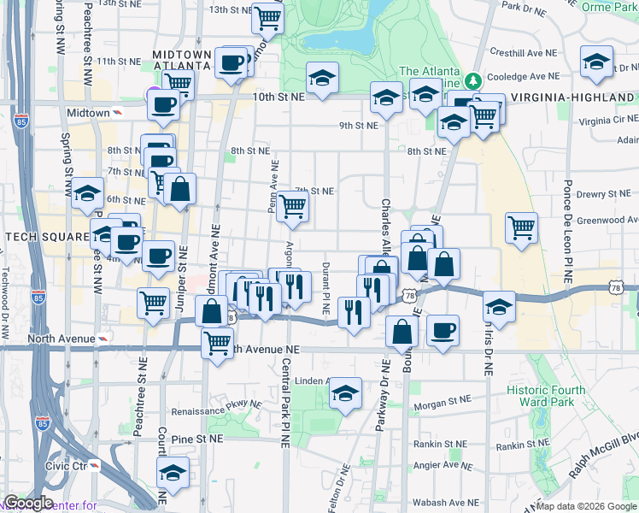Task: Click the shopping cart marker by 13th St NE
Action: tap(268, 17)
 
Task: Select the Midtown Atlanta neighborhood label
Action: tap(181, 59)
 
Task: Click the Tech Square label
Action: tap(46, 236)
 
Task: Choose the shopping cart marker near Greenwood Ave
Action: tap(521, 228)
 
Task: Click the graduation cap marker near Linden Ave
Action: tap(344, 393)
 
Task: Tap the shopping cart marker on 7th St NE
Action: tap(292, 205)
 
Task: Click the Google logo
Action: tap(27, 503)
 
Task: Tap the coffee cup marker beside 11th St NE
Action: tap(232, 63)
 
